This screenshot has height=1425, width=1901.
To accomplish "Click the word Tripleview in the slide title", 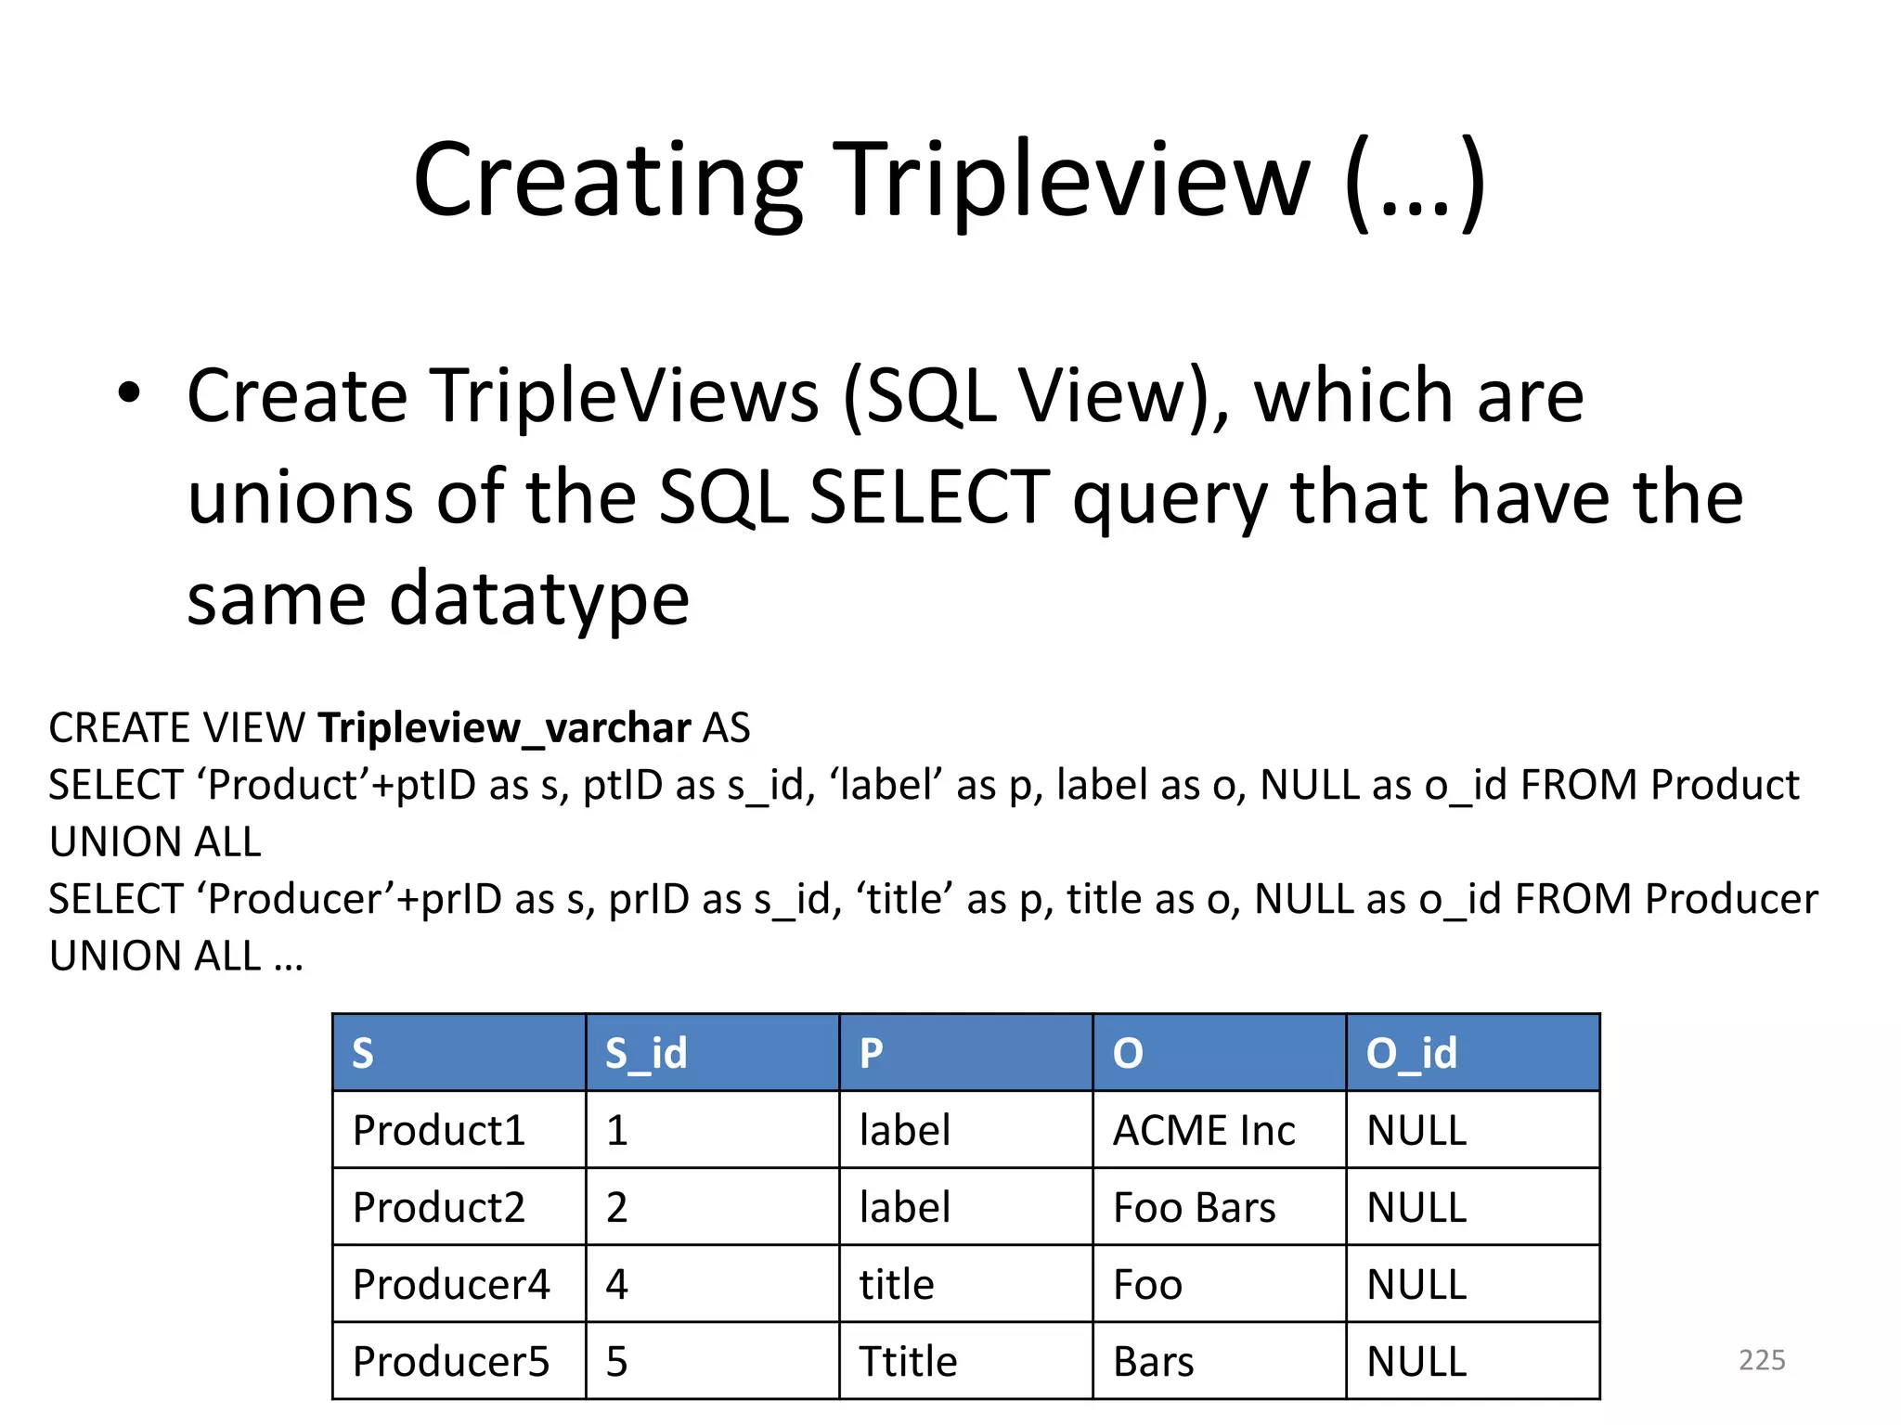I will (1077, 181).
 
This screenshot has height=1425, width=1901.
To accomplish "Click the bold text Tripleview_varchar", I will (504, 728).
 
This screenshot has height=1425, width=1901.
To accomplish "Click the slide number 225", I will (1762, 1360).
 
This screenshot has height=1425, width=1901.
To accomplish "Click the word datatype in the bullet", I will (538, 598).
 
